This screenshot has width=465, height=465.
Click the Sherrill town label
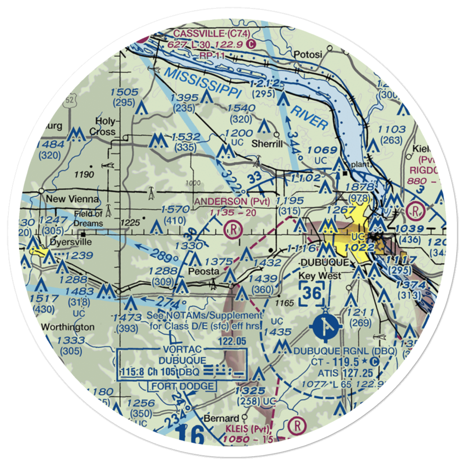point(266,144)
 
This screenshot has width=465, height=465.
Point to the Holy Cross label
point(103,126)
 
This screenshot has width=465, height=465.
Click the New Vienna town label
point(73,199)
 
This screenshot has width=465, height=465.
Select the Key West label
point(319,276)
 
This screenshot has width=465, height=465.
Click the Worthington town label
point(68,326)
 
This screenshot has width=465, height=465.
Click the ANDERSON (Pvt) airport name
point(229,201)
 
